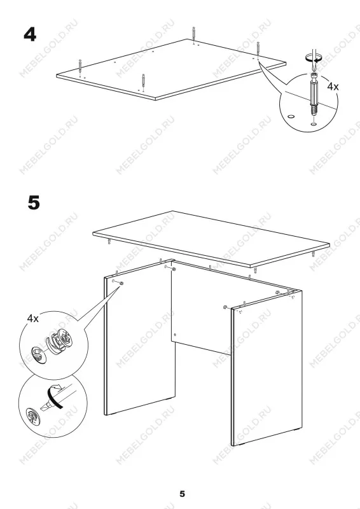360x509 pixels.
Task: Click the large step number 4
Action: click(30, 34)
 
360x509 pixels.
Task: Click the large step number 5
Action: click(34, 202)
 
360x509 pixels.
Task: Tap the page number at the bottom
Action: click(183, 494)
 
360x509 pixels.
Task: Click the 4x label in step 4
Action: click(333, 87)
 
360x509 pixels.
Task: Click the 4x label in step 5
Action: click(32, 319)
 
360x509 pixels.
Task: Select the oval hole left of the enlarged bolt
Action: click(291, 116)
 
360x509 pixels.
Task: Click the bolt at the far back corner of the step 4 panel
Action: click(193, 34)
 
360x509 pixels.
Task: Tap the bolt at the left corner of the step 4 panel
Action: click(80, 67)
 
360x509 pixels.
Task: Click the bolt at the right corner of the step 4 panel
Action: click(258, 49)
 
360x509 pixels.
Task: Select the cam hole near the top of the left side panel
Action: click(121, 284)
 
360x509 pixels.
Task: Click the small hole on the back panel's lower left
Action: click(175, 335)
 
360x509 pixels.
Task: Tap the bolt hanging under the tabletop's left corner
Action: click(109, 241)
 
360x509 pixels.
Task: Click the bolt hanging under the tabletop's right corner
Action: click(314, 254)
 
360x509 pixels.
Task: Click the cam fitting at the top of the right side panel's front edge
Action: click(225, 307)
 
